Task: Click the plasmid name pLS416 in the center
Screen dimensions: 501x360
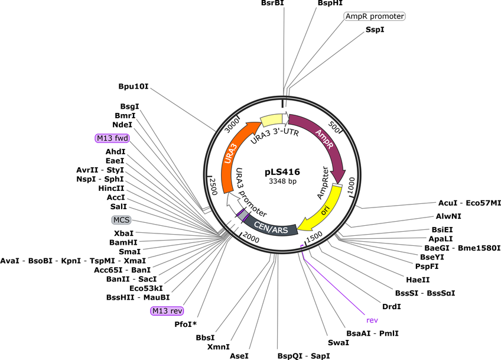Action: (x=282, y=172)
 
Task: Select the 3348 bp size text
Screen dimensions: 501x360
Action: (x=282, y=181)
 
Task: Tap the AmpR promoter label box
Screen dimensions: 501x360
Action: (x=375, y=16)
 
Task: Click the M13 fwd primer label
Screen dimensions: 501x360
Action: (x=112, y=138)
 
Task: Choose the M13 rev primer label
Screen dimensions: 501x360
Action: (x=167, y=311)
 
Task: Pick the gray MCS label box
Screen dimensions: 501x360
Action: (x=122, y=220)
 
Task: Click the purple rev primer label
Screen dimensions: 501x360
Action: (x=372, y=320)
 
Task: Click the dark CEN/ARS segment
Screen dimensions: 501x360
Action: (x=271, y=226)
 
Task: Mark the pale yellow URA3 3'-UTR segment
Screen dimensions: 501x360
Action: (x=272, y=120)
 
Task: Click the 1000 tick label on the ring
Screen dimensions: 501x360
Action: (x=351, y=186)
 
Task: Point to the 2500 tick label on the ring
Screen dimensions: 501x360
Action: (x=213, y=186)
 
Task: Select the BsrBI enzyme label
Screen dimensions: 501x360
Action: (x=272, y=3)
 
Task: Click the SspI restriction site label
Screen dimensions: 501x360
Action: (x=375, y=30)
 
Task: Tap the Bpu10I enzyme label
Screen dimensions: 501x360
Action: (x=134, y=86)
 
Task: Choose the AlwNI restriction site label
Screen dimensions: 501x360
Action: (x=448, y=216)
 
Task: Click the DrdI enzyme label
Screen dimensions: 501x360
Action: (x=391, y=307)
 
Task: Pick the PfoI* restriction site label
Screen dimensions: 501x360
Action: (x=186, y=324)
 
